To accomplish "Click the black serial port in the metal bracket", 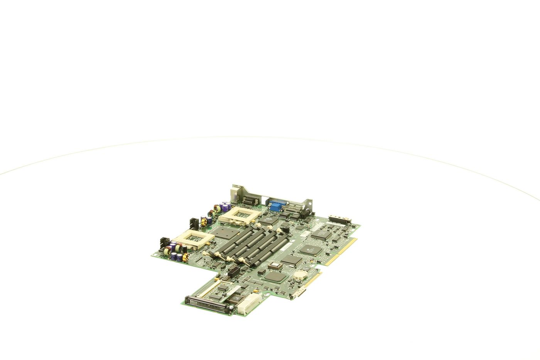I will (251, 200).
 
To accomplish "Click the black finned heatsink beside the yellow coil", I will (194, 223).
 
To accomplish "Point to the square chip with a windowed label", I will (275, 266).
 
